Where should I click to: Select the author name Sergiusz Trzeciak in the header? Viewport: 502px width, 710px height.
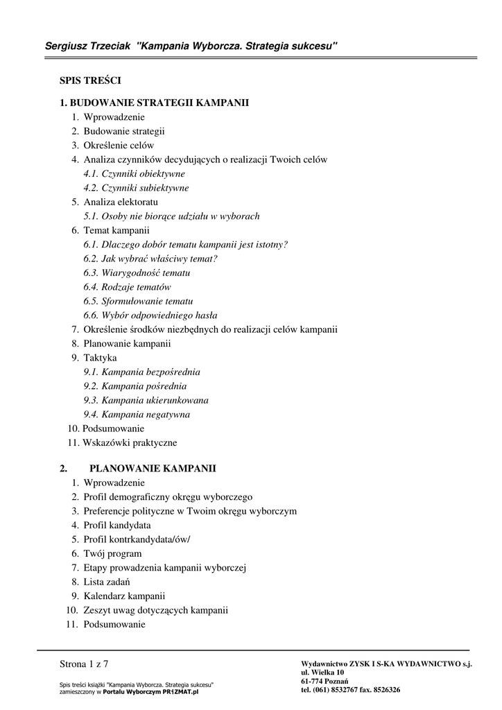[89, 46]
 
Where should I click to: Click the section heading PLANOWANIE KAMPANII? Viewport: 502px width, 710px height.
[153, 469]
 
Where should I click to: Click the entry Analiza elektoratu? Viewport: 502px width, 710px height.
[121, 202]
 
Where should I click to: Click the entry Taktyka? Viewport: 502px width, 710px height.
[100, 358]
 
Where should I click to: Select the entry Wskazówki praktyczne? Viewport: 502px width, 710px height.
[130, 442]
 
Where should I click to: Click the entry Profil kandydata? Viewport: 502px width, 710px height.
[117, 525]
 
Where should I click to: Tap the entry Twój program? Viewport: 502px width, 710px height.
[112, 553]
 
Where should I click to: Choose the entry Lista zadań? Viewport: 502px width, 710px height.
[107, 582]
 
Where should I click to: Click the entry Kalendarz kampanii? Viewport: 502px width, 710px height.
[124, 596]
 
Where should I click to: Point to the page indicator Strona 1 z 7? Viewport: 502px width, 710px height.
[84, 664]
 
